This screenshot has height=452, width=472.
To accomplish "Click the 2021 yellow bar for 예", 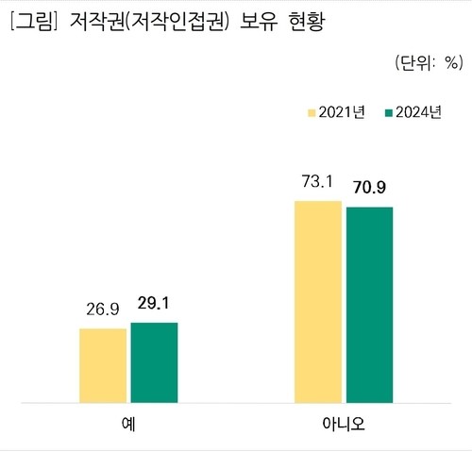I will click(103, 365).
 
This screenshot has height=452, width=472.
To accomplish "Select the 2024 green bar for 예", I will click(154, 362).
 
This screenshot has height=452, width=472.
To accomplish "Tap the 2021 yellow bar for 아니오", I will click(318, 301).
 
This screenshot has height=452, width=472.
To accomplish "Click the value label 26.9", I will click(103, 310).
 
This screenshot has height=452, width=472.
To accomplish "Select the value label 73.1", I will click(318, 181).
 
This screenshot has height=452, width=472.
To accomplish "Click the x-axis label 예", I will click(128, 424).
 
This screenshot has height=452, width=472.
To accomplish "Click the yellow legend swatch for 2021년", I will click(311, 113).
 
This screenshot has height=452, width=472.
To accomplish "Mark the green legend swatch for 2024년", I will click(388, 113).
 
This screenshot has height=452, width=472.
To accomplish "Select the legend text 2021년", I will click(346, 113).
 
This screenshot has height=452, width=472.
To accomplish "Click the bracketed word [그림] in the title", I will click(33, 21).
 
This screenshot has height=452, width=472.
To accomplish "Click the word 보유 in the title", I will click(269, 21).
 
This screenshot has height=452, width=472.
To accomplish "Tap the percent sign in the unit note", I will click(450, 64).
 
